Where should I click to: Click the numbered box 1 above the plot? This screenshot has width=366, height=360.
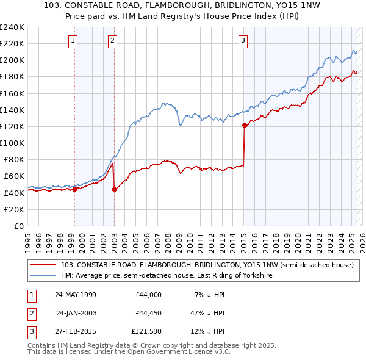pyautogui.click(x=73, y=41)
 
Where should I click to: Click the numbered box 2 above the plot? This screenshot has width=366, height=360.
pyautogui.click(x=113, y=41)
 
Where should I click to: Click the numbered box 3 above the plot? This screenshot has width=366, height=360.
pyautogui.click(x=243, y=41)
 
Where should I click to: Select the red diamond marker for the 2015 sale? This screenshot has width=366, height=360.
pyautogui.click(x=245, y=126)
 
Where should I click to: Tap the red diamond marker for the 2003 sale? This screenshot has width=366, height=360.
pyautogui.click(x=114, y=189)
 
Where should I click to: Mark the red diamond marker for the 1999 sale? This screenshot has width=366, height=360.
pyautogui.click(x=75, y=189)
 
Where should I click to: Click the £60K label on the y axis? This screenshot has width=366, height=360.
pyautogui.click(x=14, y=176)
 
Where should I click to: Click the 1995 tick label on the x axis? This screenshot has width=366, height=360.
pyautogui.click(x=28, y=237)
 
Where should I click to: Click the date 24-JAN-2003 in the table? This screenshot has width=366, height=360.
pyautogui.click(x=76, y=313)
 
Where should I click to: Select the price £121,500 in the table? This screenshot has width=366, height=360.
pyautogui.click(x=146, y=331)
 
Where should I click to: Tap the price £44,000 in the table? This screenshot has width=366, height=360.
pyautogui.click(x=148, y=295)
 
